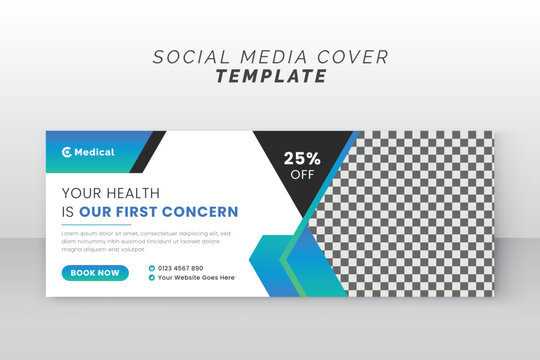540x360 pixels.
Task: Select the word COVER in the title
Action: (x=351, y=57)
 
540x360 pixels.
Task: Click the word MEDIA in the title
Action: (x=266, y=57)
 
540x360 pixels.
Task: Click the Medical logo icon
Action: (x=67, y=152)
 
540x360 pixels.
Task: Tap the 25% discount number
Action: (x=301, y=157)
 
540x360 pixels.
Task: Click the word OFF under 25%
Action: (x=301, y=173)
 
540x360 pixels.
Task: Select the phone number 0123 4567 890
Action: (x=180, y=268)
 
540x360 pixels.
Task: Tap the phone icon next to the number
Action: (x=151, y=268)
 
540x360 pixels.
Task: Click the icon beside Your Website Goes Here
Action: (x=151, y=278)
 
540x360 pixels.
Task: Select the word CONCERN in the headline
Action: (x=208, y=211)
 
